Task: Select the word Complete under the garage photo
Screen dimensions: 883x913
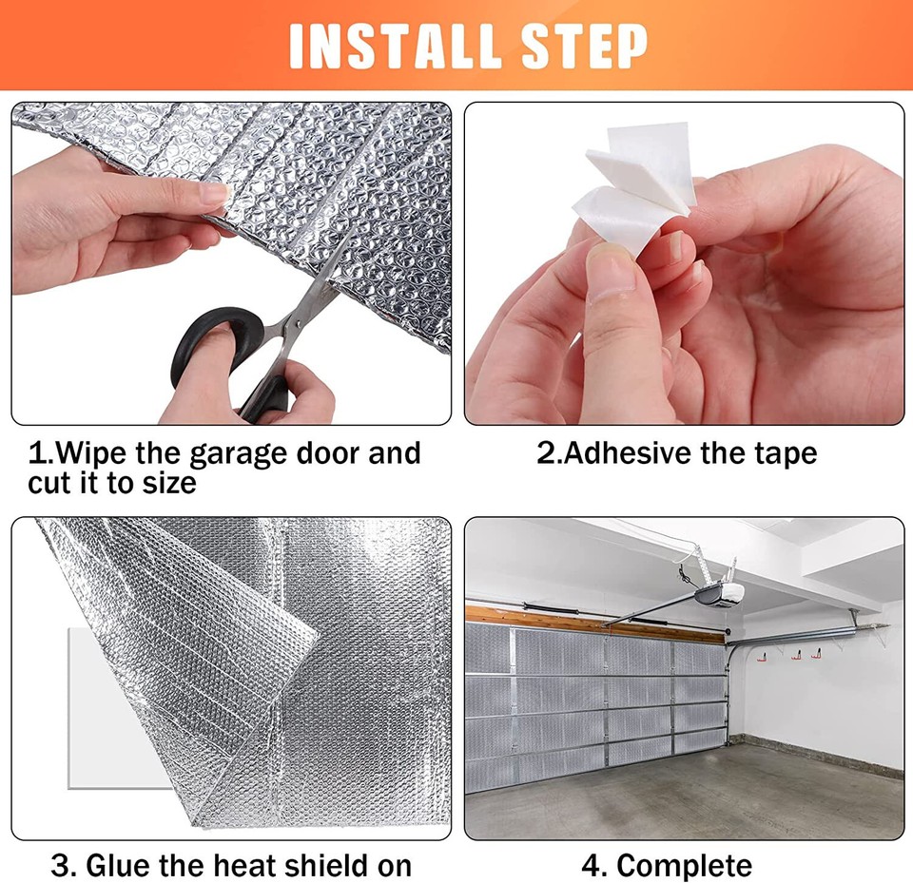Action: pyautogui.click(x=685, y=866)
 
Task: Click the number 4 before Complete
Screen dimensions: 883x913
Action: pyautogui.click(x=592, y=866)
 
